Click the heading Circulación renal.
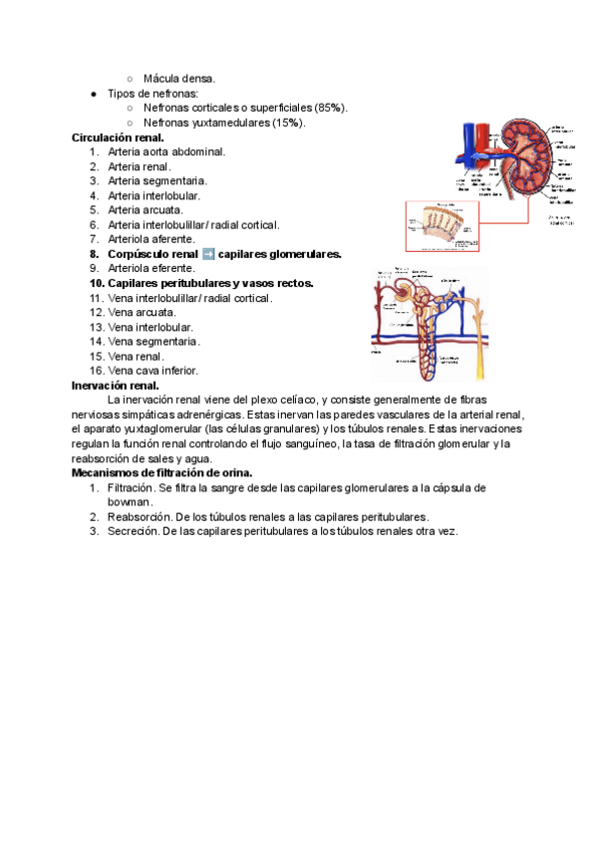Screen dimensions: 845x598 [118, 138]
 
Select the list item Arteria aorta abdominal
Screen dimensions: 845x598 [166, 151]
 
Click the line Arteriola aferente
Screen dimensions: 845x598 [151, 239]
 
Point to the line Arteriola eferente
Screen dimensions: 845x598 [151, 268]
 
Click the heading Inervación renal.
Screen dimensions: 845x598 [116, 385]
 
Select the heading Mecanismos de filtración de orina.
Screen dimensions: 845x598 [161, 472]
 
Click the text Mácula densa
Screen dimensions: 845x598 [179, 78]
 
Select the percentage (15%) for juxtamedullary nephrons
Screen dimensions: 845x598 [290, 123]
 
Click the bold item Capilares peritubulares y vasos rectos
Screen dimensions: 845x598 [209, 283]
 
